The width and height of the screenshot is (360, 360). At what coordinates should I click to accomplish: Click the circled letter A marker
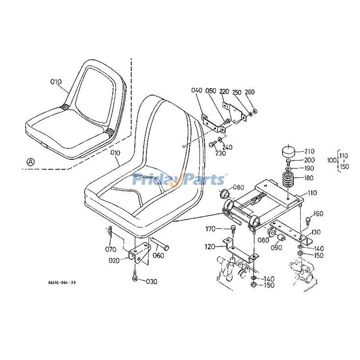[30, 161]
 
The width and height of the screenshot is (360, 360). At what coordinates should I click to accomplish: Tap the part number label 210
[309, 151]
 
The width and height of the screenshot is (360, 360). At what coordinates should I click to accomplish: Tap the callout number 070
[111, 249]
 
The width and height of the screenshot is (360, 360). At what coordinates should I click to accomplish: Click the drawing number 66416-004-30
[62, 283]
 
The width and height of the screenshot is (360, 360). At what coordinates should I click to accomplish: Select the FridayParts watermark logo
[179, 180]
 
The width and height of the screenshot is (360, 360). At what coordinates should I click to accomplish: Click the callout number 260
[250, 92]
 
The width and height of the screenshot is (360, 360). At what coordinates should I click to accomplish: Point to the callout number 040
[197, 90]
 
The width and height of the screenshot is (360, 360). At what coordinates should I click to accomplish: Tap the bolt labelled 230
[213, 144]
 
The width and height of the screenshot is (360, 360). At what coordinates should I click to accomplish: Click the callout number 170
[211, 229]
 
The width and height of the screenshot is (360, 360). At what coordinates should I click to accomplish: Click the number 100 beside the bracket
[332, 160]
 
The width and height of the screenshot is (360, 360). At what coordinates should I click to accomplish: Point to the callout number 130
[316, 232]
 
